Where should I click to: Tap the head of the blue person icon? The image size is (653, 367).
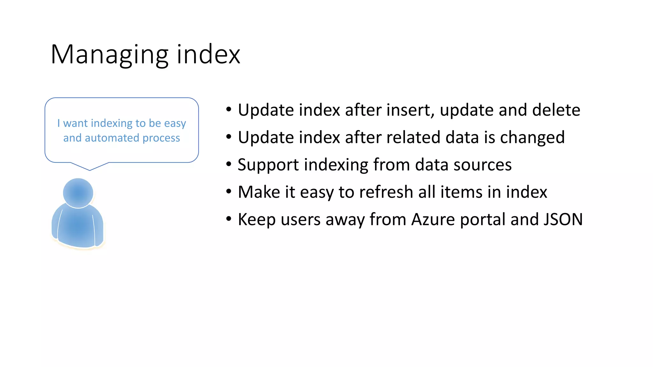point(78,193)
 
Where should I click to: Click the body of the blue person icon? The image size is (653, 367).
point(78,226)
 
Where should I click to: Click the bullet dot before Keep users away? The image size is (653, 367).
point(229,219)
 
